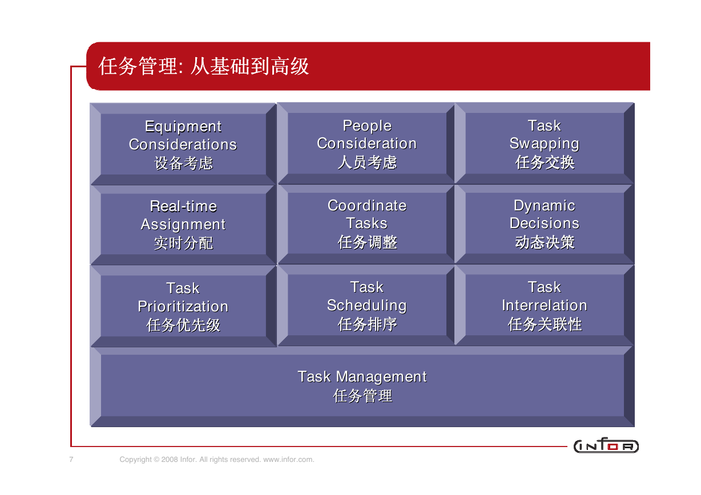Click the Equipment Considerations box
183,144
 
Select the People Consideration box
366,143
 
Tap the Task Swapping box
545,143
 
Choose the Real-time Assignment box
183,225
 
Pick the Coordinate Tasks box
366,224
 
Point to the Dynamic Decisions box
545,224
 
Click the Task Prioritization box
183,306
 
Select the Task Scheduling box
366,305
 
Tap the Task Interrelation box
545,305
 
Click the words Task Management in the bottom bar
362,376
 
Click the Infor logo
606,445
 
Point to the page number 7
71,459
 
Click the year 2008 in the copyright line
170,459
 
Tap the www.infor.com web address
288,459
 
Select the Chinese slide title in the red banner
204,66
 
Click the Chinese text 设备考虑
183,163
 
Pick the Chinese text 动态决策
545,242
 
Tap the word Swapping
545,144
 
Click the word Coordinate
367,206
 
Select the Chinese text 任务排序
368,324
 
